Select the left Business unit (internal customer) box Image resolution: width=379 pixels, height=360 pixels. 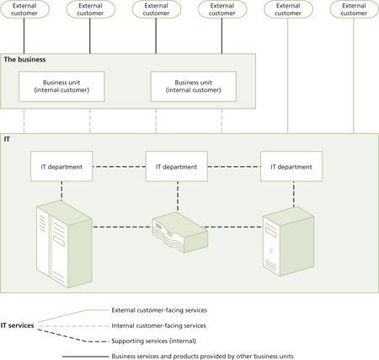point(61,86)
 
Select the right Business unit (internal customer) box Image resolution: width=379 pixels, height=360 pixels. point(193,86)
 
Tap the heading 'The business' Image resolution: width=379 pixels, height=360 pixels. point(25,60)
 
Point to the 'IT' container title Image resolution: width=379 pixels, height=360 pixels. point(8,137)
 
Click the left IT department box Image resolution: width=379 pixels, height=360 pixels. point(61,167)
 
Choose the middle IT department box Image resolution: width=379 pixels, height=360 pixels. point(177,167)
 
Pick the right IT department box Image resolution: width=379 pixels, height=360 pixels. point(291,167)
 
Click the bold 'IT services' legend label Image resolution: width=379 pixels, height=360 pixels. point(18,325)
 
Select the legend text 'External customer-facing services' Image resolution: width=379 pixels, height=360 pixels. point(158,309)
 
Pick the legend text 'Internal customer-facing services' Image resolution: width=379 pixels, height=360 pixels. point(158,325)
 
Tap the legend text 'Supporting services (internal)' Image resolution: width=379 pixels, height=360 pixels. point(153,341)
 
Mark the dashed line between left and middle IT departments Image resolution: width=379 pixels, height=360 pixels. point(119,167)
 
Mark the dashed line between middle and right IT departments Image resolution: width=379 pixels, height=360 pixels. point(233,167)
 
